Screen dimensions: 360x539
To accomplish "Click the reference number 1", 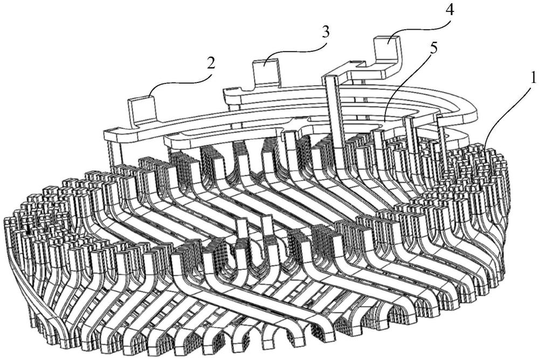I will [x=532, y=77].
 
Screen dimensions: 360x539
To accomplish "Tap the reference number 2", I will [x=211, y=63].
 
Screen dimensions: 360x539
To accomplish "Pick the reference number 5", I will [x=434, y=47].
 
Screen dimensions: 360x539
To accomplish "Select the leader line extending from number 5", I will [x=410, y=86].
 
